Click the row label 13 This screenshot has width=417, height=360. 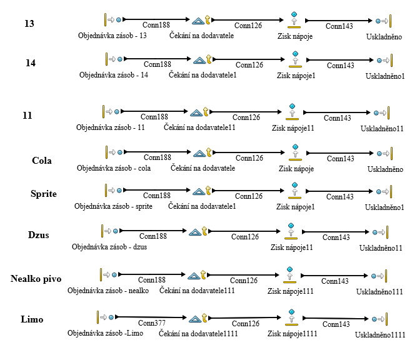[x=29, y=24]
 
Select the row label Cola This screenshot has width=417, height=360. [x=42, y=161]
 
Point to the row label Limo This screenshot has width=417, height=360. [x=32, y=319]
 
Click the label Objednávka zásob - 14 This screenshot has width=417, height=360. [x=114, y=75]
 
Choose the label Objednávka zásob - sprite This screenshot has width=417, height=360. [x=113, y=206]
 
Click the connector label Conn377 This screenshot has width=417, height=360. [x=151, y=323]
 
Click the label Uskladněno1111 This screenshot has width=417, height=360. [x=380, y=335]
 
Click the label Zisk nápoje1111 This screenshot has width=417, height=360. [x=292, y=334]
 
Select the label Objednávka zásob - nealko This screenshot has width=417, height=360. [x=108, y=291]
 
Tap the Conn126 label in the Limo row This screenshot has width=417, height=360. [x=246, y=324]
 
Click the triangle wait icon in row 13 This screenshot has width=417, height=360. [x=198, y=21]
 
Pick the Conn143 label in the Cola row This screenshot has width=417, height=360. [x=340, y=159]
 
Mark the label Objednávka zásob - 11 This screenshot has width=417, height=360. [x=111, y=127]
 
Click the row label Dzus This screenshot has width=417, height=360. [x=39, y=236]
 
